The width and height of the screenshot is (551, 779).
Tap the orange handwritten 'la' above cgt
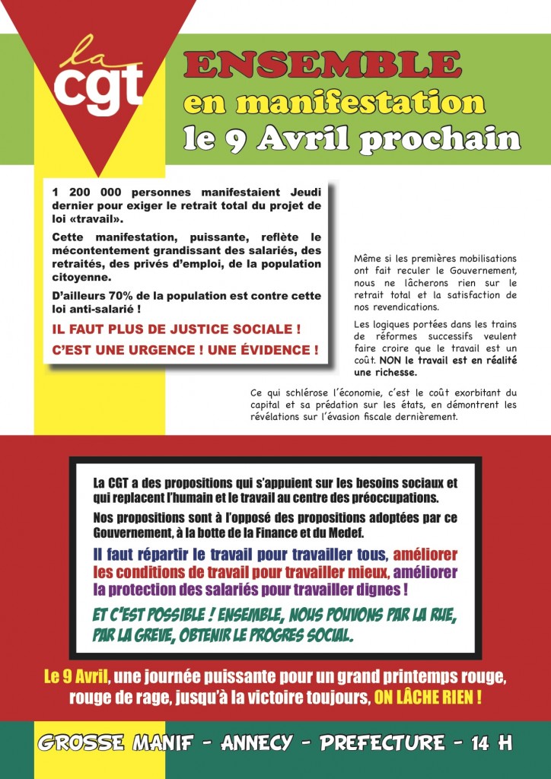click(x=84, y=52)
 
